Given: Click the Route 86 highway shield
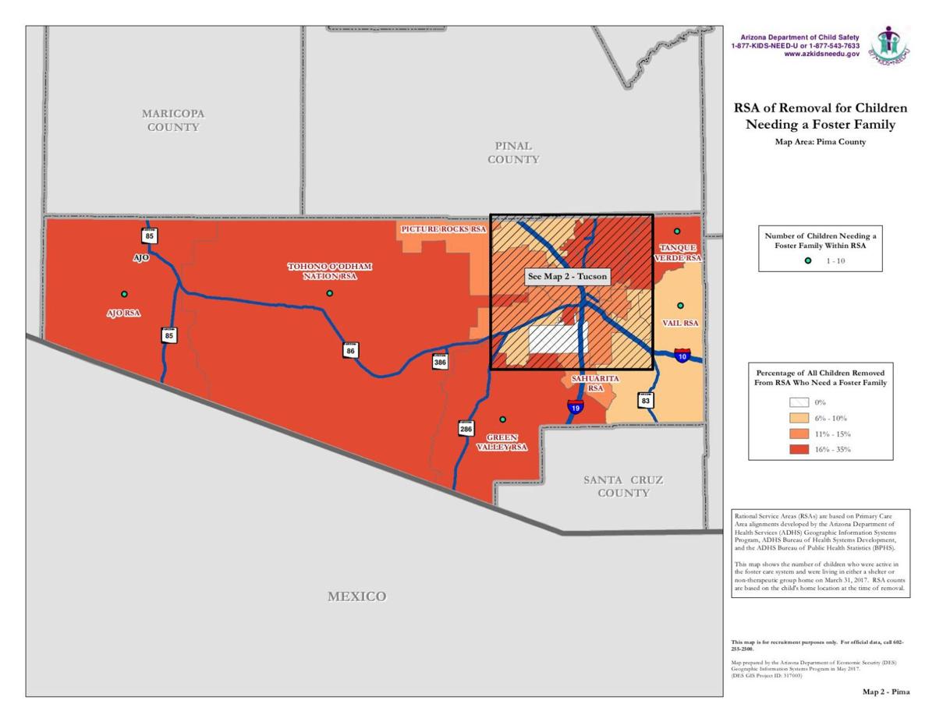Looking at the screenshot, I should pos(351,350).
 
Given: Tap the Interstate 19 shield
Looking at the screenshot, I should pos(575,406).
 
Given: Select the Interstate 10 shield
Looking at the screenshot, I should pos(682,356).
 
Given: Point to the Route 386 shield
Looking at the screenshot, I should pos(441,361).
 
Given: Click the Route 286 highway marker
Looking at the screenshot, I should pos(466,427).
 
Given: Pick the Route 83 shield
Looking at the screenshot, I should pos(646,400).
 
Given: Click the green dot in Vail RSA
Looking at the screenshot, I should pos(680,306).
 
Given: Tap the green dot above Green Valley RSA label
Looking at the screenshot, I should pos(503,419).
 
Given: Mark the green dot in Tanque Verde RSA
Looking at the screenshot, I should pos(677,232).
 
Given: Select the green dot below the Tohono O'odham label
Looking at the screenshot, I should pos(330,293).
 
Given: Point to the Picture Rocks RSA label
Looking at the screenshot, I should pos(443,230).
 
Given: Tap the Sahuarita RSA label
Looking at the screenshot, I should pos(595,383).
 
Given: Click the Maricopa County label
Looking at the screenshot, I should pos(173,120).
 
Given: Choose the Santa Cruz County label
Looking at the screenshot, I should pos(623,486).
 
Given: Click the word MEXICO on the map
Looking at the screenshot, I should pos(356,596).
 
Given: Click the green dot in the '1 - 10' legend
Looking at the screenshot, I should pos(808,260).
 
